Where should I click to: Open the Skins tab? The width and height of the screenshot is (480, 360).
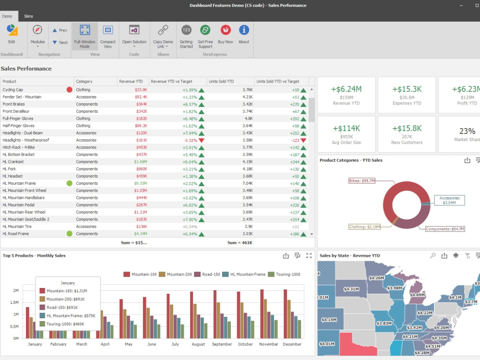[x=28, y=16]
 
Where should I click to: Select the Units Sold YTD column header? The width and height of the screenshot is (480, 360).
[x=221, y=82]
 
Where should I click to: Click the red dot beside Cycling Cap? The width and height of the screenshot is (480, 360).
[x=70, y=90]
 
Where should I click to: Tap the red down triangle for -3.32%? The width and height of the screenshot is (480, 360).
[x=202, y=141]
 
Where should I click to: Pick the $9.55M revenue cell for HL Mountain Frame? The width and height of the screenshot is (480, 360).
[x=141, y=183]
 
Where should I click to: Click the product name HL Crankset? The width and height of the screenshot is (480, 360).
[x=13, y=162]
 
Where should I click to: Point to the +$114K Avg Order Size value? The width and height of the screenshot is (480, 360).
[x=347, y=128]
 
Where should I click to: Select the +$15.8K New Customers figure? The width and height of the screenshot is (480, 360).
[x=407, y=128]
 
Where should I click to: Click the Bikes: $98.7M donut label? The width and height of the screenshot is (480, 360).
[x=362, y=181]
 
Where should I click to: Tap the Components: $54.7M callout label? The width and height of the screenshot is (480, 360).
[x=445, y=229]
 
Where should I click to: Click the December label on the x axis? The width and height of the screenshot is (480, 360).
[x=292, y=344]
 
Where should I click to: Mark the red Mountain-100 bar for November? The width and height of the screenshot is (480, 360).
[x=262, y=314]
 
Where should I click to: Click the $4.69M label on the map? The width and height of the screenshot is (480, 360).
[x=417, y=295]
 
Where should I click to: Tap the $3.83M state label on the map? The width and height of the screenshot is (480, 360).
[x=384, y=323]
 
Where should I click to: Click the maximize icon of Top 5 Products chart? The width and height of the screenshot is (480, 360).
[x=309, y=256]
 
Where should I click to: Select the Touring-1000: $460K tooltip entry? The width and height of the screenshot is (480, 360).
[x=62, y=324]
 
